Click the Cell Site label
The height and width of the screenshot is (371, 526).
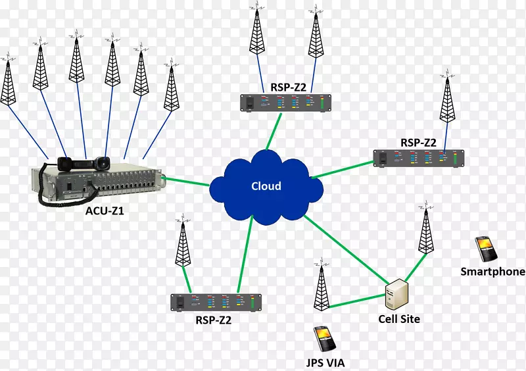pos(398,319)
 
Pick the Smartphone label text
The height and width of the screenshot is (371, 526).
pos(492,271)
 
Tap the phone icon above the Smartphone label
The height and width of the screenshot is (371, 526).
pos(486,249)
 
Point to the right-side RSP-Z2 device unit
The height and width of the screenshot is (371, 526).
pos(418,158)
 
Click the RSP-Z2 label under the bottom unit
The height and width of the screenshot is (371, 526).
pos(214,320)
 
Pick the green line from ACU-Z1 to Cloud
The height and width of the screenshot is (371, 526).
pos(186,180)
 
